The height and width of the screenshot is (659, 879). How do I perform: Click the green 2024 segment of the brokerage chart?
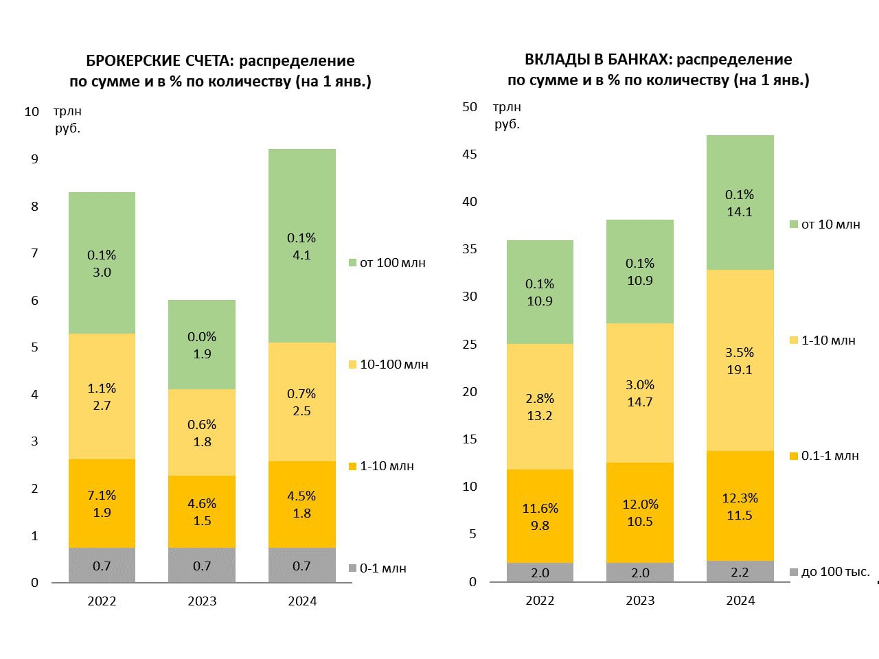point(302,246)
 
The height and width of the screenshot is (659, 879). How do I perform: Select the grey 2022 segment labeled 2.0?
point(540,573)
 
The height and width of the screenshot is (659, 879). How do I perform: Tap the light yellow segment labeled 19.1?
point(740,360)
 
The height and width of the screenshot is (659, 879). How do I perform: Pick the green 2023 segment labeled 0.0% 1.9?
point(202,345)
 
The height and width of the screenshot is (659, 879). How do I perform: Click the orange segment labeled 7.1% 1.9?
point(102,503)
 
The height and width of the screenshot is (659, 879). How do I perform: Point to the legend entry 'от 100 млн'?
point(387,263)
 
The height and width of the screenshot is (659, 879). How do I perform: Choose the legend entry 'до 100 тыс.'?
point(830,572)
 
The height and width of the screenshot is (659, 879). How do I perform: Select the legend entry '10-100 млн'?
point(389,365)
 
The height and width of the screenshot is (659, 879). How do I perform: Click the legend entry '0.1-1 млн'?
point(824,456)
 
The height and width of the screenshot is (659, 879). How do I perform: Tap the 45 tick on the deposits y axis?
point(470,154)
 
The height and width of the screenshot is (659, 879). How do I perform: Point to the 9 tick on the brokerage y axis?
point(35,159)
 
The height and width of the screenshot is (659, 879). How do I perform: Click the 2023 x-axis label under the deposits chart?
point(640,601)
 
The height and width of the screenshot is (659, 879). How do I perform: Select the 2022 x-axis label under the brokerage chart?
point(102,601)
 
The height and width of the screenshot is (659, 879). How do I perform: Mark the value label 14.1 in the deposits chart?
point(740,212)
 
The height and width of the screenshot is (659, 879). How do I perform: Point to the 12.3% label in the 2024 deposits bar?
point(740,498)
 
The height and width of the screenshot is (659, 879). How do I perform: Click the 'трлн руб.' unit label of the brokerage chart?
point(68,119)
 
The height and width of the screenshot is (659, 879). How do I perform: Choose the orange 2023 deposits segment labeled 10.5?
point(640,513)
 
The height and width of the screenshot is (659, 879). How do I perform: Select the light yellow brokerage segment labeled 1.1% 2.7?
point(102,397)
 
